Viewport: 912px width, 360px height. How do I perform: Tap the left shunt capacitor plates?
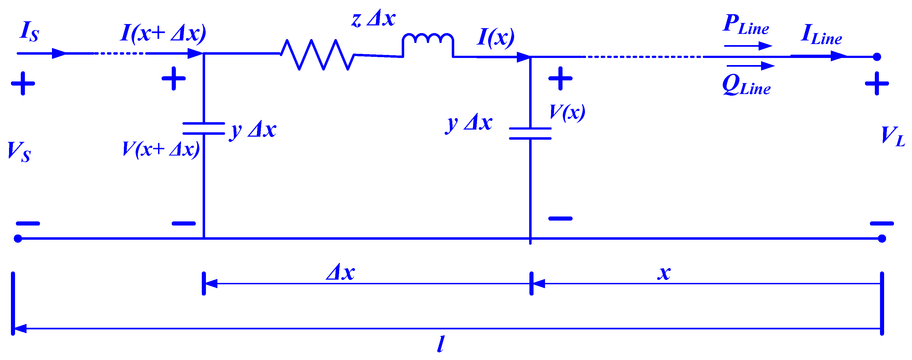203,128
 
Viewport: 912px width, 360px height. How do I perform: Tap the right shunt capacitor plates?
530,133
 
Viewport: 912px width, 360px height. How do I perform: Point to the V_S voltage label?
19,151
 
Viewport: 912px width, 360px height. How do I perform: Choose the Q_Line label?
746,85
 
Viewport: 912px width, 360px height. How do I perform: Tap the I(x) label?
496,37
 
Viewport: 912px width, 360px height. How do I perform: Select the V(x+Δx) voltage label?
161,149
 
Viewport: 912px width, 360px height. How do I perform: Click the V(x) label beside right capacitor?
567,113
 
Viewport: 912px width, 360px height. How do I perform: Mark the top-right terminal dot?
877,57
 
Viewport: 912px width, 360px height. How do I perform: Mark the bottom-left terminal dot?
18,239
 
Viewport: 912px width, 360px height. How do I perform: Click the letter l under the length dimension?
441,344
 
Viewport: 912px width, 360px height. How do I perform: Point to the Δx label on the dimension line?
340,273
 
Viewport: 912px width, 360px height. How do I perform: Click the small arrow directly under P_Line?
748,46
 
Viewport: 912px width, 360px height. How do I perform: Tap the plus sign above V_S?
23,84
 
